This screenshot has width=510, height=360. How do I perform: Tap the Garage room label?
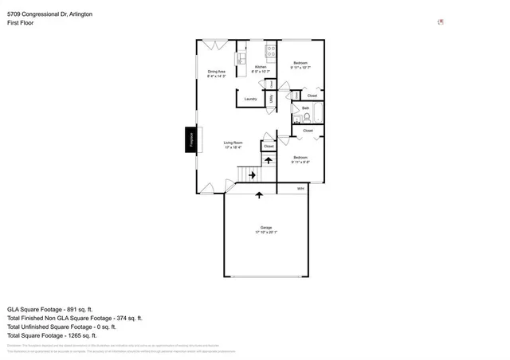[266, 229]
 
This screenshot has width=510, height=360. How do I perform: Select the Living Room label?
[233, 144]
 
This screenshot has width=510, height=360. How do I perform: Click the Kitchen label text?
[261, 68]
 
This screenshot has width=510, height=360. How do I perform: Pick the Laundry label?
[250, 99]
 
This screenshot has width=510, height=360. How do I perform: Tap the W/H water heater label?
[300, 189]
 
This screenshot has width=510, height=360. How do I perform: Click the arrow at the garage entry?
[258, 193]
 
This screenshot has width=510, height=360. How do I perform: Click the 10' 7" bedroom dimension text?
[300, 68]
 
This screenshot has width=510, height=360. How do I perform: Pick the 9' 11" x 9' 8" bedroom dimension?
[300, 162]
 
